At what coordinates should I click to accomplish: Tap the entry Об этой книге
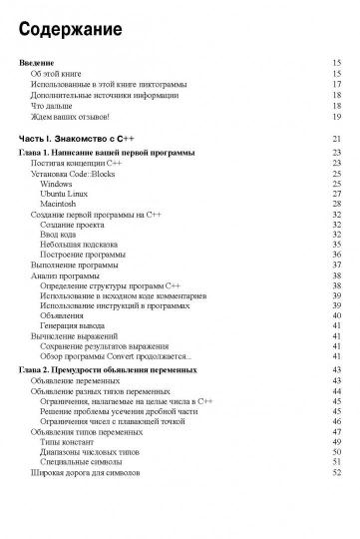[x=60, y=74]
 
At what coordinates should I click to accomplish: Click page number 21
[x=337, y=138]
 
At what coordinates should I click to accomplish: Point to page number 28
[x=337, y=204]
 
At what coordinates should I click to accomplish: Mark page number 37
[x=337, y=265]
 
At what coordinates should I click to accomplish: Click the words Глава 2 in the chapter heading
[x=40, y=370]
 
